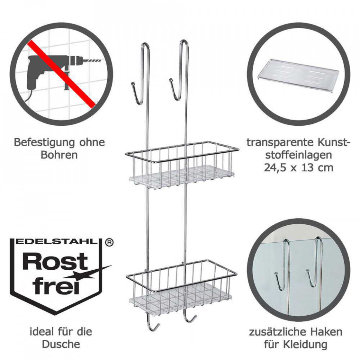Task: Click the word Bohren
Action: click(x=59, y=155)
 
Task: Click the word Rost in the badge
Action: click(x=55, y=261)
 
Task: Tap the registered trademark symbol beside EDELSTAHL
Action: click(x=109, y=243)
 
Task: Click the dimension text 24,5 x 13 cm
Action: click(x=298, y=168)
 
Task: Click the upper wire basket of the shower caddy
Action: click(x=181, y=164)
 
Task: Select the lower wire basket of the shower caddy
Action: click(x=181, y=285)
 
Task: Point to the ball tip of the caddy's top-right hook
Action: click(x=171, y=80)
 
